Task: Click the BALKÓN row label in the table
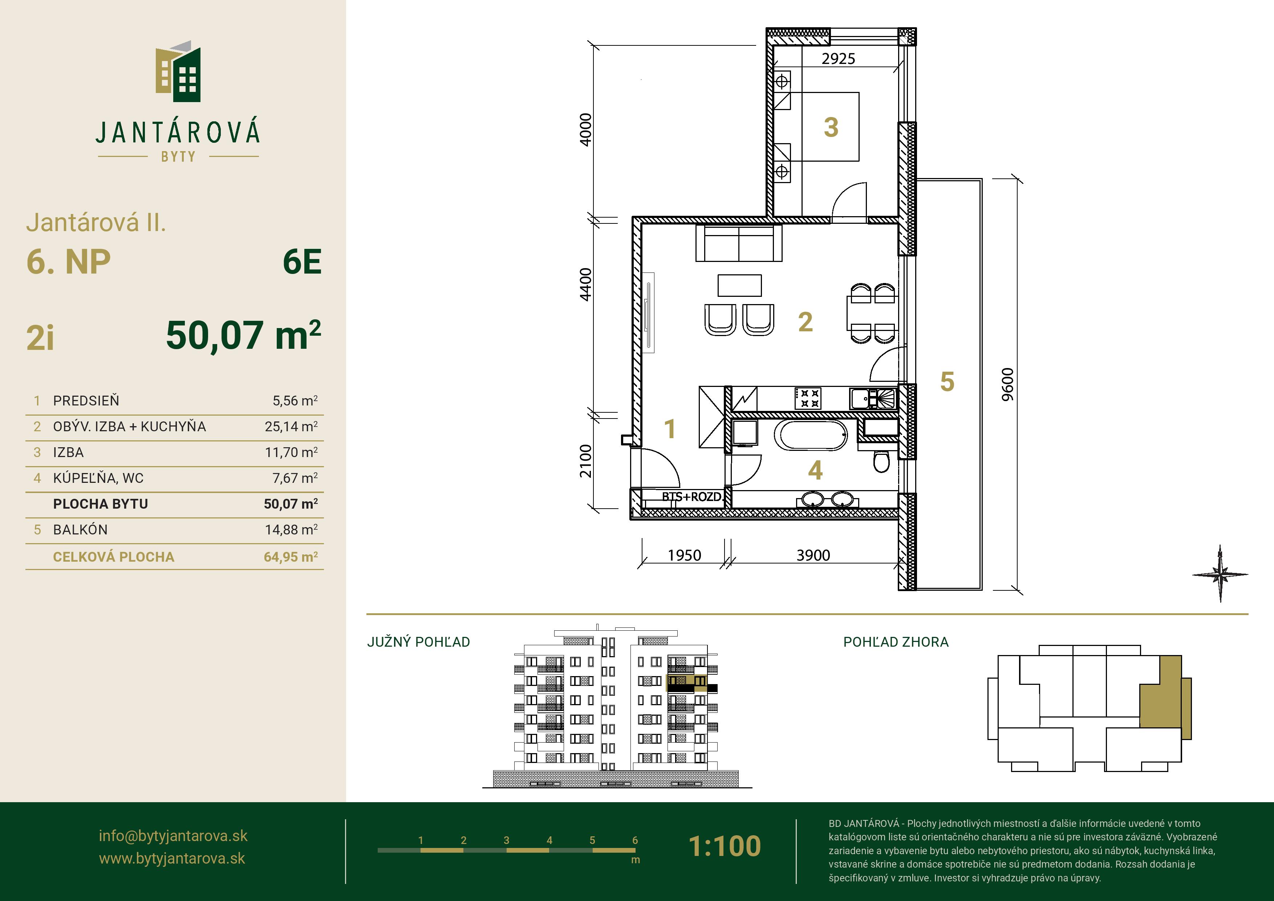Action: pos(81,530)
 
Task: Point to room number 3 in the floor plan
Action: pos(831,127)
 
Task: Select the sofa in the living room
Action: pos(739,243)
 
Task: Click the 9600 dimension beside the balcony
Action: pos(1008,384)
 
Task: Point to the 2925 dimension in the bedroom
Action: pos(839,58)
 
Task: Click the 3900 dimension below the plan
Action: pos(814,555)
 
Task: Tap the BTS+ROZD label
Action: pos(691,497)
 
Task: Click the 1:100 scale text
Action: pos(725,845)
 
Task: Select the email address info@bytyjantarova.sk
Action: pos(173,836)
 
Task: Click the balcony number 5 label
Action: pos(947,382)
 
